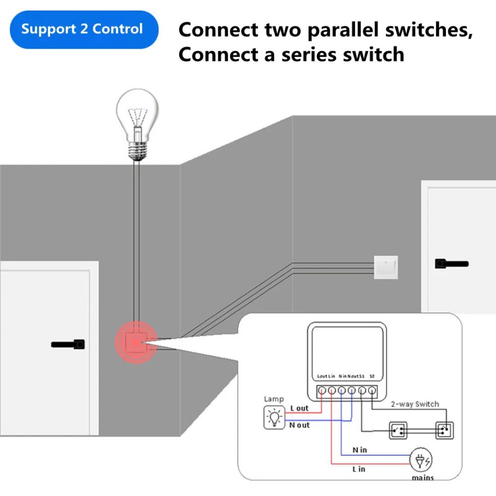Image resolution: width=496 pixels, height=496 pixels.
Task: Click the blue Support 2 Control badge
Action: (x=82, y=29)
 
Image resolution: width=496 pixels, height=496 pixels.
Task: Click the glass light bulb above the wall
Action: (x=136, y=114)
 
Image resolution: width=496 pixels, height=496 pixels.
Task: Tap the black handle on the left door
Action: (x=68, y=344)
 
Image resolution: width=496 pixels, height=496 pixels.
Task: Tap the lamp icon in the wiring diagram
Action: (x=273, y=418)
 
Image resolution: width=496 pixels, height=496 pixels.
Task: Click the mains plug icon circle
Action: (x=421, y=461)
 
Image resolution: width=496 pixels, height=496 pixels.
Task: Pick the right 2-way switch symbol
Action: (x=444, y=430)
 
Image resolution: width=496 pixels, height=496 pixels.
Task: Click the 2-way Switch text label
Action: (x=415, y=404)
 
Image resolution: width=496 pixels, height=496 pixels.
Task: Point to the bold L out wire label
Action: (x=299, y=408)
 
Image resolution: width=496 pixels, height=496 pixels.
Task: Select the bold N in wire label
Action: (x=360, y=450)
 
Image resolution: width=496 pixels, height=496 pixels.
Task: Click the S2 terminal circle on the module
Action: (x=372, y=390)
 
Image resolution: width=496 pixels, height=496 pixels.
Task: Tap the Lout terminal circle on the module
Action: (x=322, y=390)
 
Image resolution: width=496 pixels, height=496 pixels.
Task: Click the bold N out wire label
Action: (x=300, y=425)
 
